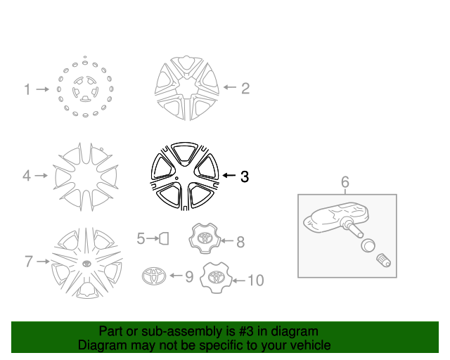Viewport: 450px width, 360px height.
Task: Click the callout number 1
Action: (x=27, y=89)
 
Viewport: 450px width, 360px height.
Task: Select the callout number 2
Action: (x=245, y=88)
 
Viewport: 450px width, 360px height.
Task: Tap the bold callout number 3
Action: (x=244, y=176)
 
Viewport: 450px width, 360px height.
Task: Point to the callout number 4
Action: (x=27, y=176)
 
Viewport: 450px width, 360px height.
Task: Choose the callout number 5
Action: (x=141, y=239)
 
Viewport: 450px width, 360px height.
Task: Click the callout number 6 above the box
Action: (x=345, y=183)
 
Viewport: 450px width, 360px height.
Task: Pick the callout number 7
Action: (x=29, y=262)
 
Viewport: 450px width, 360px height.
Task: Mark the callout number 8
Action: (x=240, y=242)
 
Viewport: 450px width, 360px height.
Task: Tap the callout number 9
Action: (x=188, y=277)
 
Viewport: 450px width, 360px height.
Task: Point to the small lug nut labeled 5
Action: (x=163, y=239)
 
